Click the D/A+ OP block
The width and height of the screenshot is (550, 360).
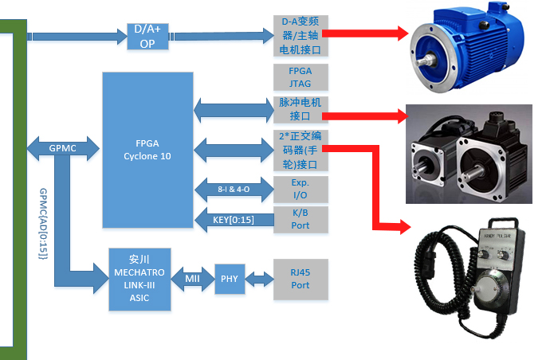[x=147, y=36]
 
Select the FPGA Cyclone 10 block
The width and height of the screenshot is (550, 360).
[x=147, y=150]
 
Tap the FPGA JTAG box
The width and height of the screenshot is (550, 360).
[x=301, y=76]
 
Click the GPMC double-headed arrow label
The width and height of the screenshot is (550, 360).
[x=61, y=148]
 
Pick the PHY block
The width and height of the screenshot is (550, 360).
[x=229, y=279]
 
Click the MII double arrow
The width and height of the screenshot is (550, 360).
[x=191, y=279]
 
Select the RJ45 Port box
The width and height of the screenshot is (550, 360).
[x=301, y=279]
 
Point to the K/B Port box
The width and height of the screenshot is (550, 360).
[x=301, y=219]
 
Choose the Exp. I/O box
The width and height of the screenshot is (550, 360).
[x=301, y=188]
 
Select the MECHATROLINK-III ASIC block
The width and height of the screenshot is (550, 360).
[x=139, y=279]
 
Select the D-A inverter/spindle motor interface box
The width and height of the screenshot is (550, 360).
[x=301, y=36]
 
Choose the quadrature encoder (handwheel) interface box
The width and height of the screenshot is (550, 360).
[x=301, y=151]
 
